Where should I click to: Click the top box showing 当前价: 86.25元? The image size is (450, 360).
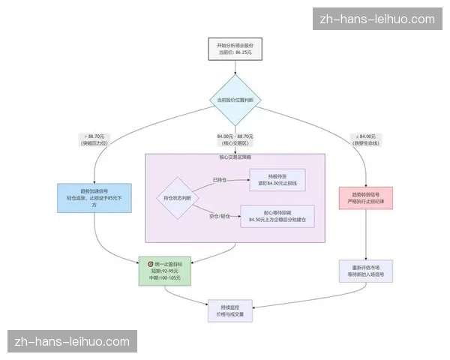tap(235, 49)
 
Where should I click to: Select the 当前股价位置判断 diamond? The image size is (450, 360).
tap(235, 100)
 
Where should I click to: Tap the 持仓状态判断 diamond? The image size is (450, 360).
tap(177, 198)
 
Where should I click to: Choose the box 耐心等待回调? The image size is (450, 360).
tap(282, 216)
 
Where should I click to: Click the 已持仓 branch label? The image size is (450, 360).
tap(219, 180)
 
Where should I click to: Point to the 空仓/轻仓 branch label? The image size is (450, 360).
tap(219, 216)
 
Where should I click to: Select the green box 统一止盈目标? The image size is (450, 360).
tap(166, 271)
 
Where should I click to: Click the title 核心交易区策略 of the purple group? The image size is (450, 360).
tap(235, 158)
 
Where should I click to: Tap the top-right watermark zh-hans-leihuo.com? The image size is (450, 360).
tap(376, 19)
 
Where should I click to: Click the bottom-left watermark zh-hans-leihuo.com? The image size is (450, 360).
tap(72, 342)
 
